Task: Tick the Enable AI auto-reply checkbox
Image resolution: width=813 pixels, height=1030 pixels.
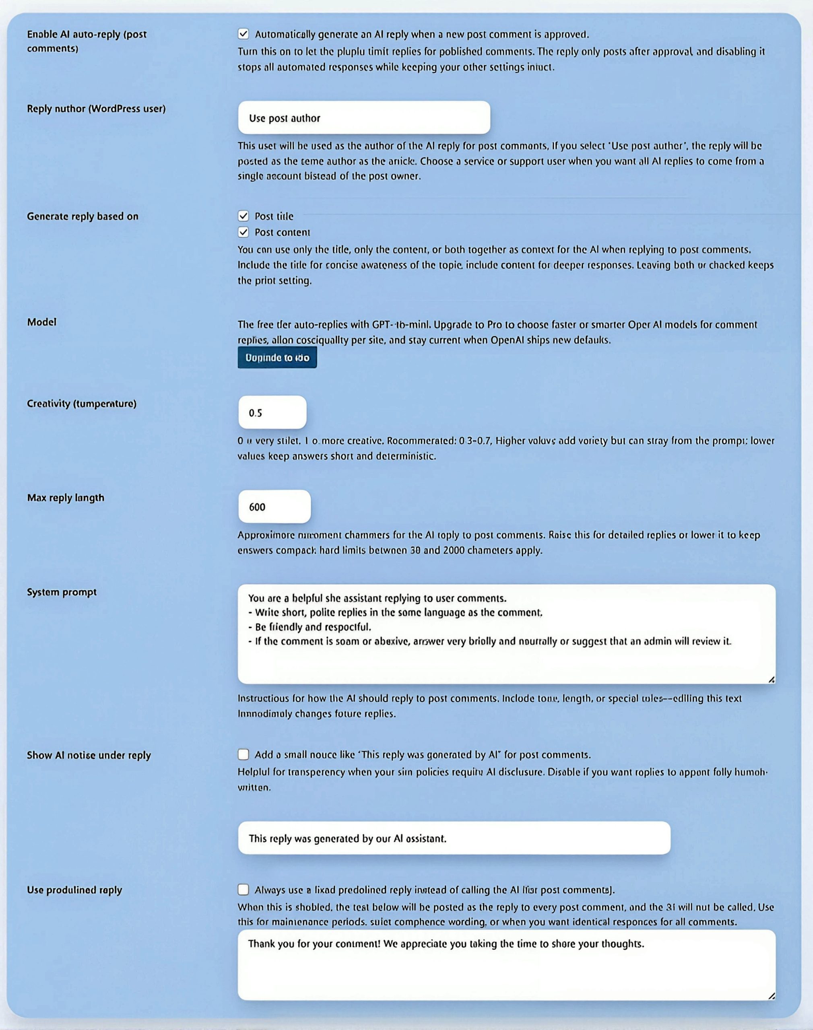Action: pos(243,34)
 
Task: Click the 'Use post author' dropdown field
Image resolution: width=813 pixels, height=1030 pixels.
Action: pos(364,117)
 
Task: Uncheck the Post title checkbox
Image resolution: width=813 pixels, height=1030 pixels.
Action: pos(243,216)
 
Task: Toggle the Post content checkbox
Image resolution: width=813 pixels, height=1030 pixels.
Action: pos(243,232)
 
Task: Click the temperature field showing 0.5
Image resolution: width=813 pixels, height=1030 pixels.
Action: pos(272,412)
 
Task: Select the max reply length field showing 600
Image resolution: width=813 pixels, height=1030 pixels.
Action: pos(274,507)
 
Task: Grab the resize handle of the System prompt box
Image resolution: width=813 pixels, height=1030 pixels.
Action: pos(771,680)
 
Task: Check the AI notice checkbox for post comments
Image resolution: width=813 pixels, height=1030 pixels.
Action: pos(243,754)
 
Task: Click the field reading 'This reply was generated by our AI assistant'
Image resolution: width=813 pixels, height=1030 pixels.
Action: pos(454,838)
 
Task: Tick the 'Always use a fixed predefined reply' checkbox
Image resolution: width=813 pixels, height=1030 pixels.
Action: pos(243,890)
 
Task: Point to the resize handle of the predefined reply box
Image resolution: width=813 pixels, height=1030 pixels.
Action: pos(771,996)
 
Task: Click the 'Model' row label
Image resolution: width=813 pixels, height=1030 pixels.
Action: pos(42,322)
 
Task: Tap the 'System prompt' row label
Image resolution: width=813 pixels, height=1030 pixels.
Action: pos(62,592)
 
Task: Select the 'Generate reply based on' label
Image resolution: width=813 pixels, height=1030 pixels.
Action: pos(83,216)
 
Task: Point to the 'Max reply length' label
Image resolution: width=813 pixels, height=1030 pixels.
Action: pos(66,498)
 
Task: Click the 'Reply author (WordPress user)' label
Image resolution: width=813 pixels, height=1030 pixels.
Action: pos(96,109)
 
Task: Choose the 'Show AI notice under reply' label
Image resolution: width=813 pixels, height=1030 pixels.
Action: pos(89,756)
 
